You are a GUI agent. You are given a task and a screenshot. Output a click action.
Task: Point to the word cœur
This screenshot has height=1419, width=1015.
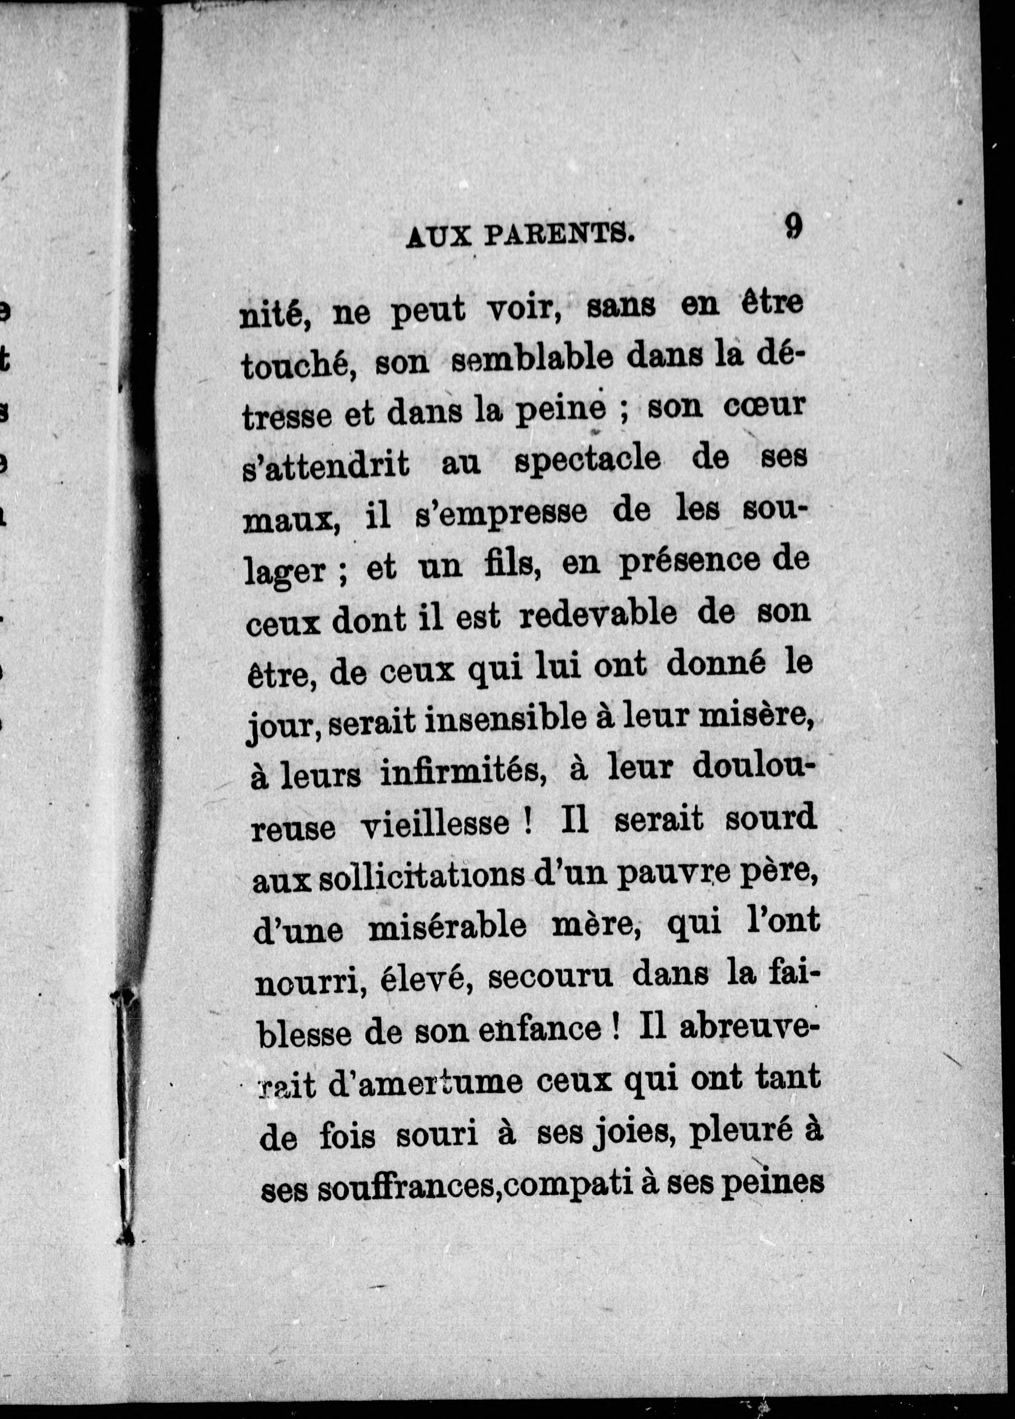pyautogui.click(x=764, y=407)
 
